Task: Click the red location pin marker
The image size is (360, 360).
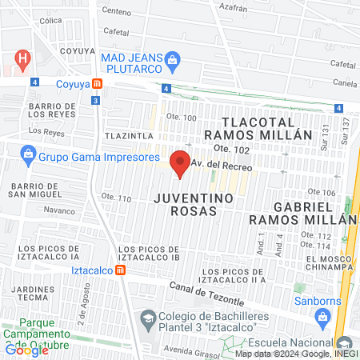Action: tap(181, 162)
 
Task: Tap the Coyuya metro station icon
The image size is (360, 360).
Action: tap(97, 82)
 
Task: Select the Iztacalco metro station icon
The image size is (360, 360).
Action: tap(120, 270)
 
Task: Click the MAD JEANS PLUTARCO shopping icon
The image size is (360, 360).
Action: tap(171, 58)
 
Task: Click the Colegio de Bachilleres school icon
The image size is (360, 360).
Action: tap(148, 320)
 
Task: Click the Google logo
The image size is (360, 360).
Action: tap(26, 349)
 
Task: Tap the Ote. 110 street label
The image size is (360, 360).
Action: tap(116, 198)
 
